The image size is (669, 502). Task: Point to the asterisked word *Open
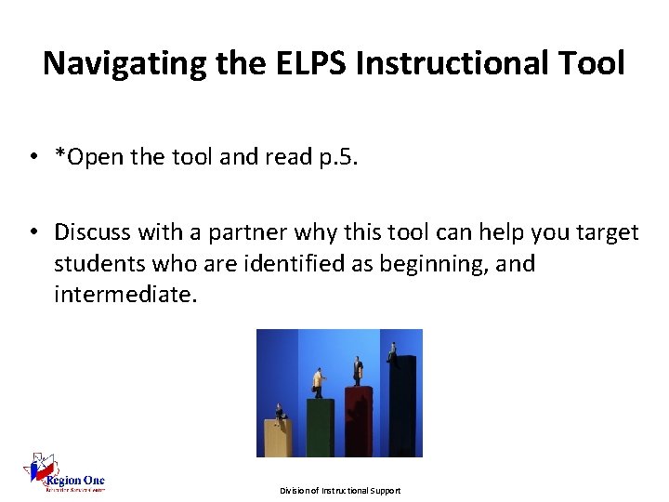(x=95, y=157)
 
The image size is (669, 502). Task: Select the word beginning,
(x=436, y=263)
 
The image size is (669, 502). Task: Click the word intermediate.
(x=126, y=296)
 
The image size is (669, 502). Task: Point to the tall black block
(x=402, y=409)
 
